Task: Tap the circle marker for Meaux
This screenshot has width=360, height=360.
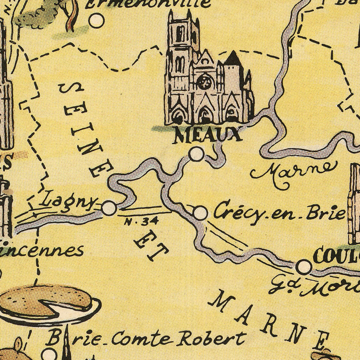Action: pos(196,154)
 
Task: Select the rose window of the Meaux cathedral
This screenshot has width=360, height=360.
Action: pos(204,83)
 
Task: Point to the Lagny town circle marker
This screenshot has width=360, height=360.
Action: pos(109,208)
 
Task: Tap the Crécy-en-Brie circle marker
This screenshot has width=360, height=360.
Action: pos(200,213)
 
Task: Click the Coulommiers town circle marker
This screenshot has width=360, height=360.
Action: pos(304,266)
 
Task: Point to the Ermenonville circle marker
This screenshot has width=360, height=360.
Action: pos(96,20)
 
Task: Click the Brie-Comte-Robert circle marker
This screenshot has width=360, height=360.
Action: pos(49,353)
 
